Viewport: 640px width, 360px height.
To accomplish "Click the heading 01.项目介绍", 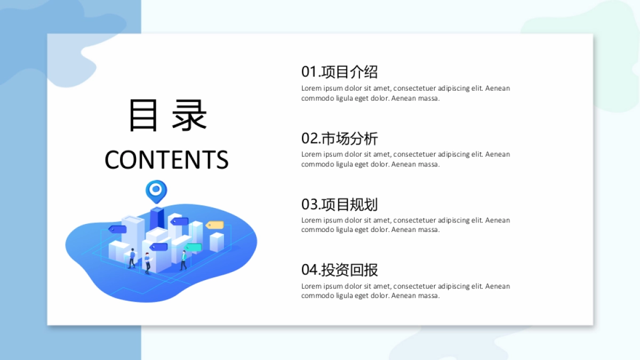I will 339,71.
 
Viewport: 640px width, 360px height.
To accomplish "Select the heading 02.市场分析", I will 339,138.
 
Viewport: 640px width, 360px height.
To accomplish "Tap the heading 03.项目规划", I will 339,204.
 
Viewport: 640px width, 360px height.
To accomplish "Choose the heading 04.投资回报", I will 339,270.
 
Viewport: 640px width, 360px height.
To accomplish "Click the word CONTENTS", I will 166,159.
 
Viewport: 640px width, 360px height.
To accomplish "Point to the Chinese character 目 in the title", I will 143,116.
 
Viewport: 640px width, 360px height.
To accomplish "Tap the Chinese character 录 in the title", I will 189,116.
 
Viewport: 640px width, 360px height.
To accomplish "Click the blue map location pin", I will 156,190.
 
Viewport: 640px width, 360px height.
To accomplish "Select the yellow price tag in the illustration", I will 214,225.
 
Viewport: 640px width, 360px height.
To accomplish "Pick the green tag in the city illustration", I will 194,247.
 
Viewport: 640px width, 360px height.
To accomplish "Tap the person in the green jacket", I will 183,260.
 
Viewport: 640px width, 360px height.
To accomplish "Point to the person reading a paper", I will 147,263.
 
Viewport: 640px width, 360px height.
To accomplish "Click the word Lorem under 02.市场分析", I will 311,154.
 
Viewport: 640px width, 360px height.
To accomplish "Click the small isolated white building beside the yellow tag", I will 217,242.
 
